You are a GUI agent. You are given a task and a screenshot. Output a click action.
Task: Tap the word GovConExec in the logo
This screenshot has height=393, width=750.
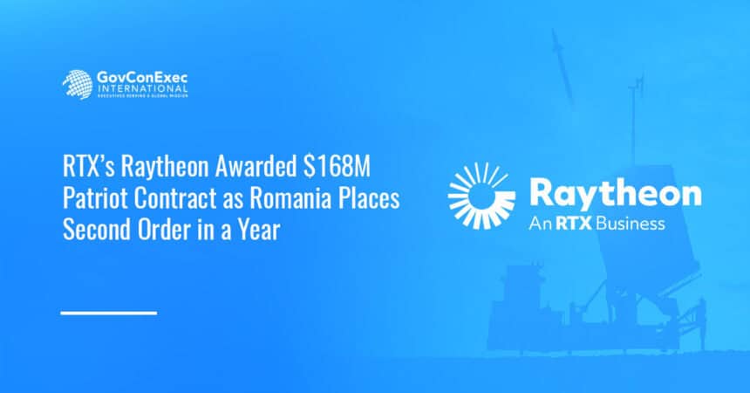[140, 78]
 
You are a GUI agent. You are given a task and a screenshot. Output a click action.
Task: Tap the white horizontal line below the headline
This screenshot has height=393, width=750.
[108, 313]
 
